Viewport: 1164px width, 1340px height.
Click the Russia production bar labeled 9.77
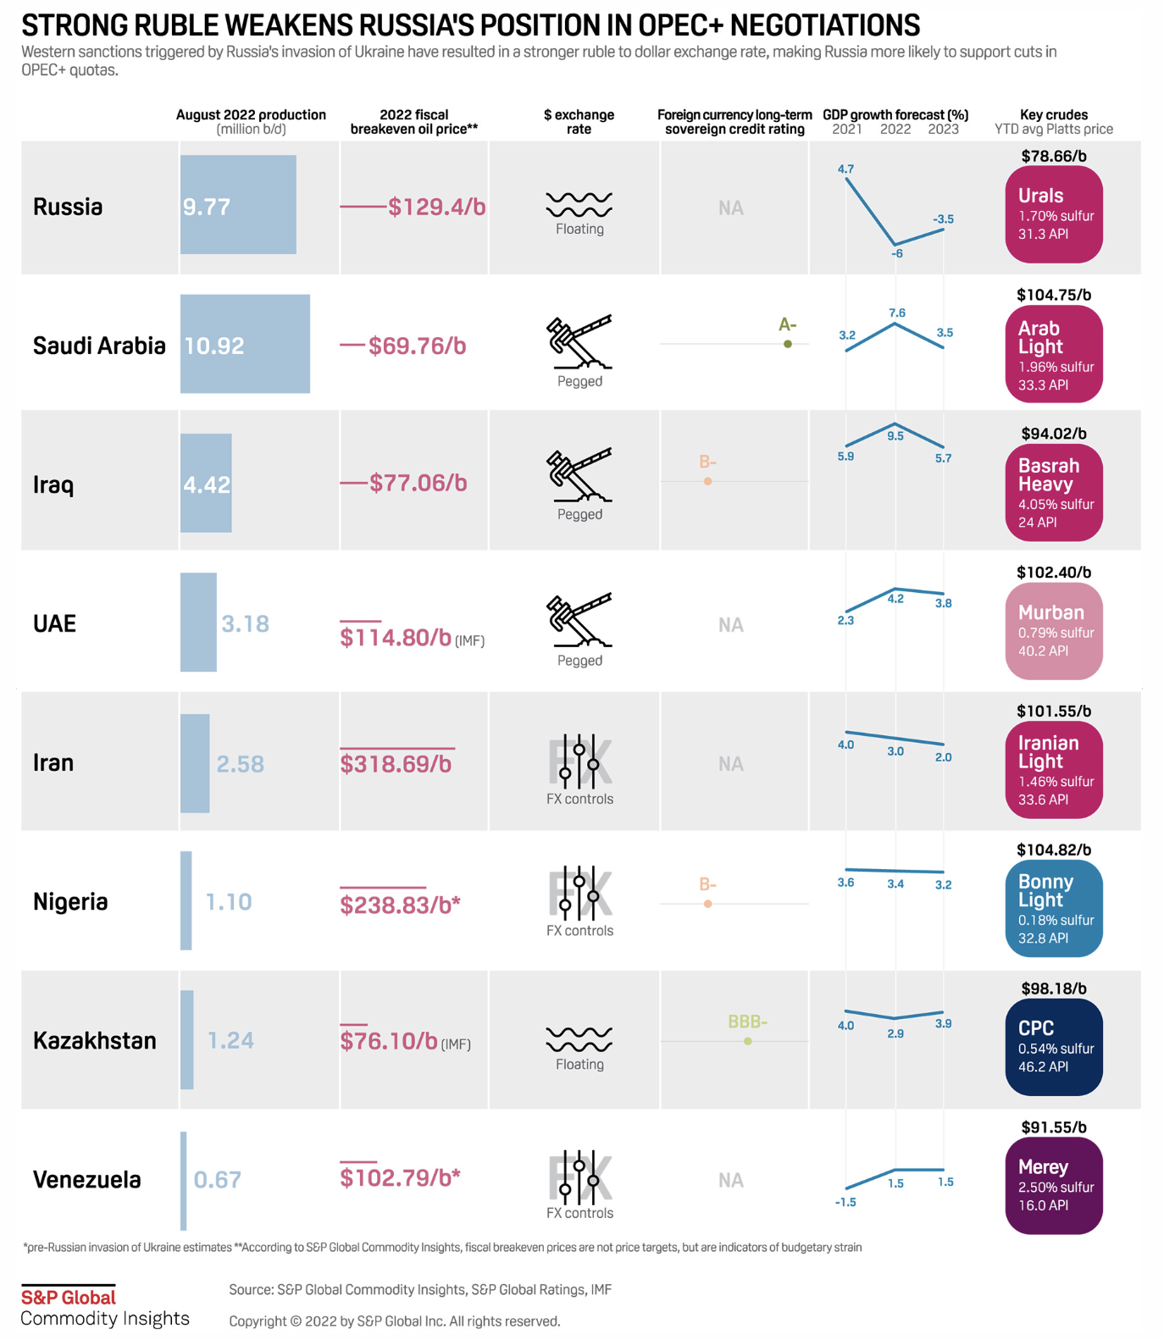click(x=238, y=205)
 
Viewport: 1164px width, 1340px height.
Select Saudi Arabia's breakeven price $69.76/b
click(x=417, y=346)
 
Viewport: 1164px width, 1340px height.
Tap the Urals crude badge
click(x=1054, y=214)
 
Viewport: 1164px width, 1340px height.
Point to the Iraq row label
click(x=53, y=485)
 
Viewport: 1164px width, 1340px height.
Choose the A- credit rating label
click(x=787, y=325)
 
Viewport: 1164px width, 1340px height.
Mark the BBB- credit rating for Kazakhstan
click(x=747, y=1022)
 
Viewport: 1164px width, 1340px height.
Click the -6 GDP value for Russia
click(x=897, y=253)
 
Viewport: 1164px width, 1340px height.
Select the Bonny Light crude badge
click(x=1054, y=908)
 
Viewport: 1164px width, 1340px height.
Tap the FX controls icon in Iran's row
click(x=579, y=760)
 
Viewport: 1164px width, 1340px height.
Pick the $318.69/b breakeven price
click(x=396, y=764)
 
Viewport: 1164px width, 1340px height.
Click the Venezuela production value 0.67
click(x=218, y=1179)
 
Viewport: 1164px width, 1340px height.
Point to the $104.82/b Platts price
click(x=1054, y=850)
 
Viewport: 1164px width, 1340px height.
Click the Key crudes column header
click(x=1054, y=121)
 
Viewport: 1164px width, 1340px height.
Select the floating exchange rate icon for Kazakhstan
click(x=579, y=1038)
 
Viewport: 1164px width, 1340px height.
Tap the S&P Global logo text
click(x=69, y=1297)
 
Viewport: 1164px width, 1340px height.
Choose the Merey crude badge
click(x=1054, y=1186)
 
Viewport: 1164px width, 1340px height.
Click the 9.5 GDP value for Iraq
click(x=895, y=436)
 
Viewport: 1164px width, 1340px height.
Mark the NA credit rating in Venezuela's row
click(x=731, y=1180)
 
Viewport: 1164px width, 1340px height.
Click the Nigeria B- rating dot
click(x=707, y=904)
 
